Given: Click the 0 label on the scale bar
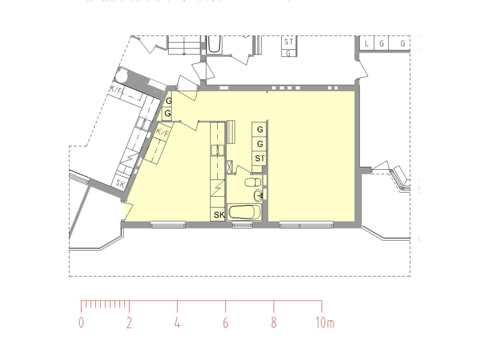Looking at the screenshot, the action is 81,323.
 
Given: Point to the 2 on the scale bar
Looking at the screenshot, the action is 129,323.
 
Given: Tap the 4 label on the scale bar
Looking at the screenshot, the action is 177,323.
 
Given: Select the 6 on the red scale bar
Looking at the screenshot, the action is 226,323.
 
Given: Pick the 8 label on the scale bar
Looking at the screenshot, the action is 274,323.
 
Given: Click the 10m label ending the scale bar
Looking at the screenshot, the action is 325,323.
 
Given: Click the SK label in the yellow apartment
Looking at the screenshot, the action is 219,215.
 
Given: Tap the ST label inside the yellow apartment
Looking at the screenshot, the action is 260,158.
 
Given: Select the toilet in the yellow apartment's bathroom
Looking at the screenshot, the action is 253,182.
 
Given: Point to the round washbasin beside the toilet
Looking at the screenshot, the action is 259,194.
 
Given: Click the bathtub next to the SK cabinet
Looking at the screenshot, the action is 244,212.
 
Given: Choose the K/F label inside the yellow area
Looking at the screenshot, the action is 163,133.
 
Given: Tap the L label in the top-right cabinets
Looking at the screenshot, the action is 367,43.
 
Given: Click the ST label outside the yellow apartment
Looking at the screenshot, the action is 289,41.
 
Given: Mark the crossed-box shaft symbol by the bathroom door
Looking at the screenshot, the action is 230,167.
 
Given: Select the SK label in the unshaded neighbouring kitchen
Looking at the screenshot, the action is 121,184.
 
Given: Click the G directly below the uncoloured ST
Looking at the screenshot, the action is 288,53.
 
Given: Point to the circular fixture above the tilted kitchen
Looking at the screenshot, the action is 122,76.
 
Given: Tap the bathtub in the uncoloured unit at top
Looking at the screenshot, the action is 214,44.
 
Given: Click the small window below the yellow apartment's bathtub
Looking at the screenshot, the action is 242,226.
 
